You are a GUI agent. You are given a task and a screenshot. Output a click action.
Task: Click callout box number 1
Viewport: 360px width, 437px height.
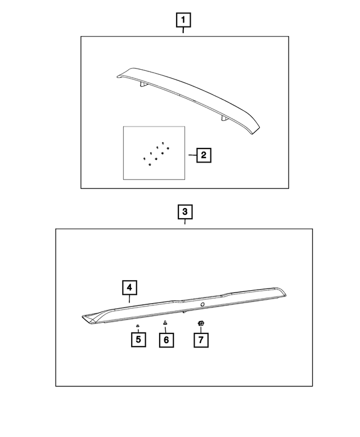coord(183,20)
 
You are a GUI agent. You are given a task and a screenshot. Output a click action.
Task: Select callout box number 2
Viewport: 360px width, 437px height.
coord(204,155)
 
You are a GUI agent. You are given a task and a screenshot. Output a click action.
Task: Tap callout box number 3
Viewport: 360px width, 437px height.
coord(185,212)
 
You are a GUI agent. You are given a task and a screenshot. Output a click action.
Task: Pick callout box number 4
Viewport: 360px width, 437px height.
coord(129,287)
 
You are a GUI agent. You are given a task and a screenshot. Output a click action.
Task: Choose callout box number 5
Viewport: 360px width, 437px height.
coord(138,340)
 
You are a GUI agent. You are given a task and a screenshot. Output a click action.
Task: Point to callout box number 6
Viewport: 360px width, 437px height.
coord(166,340)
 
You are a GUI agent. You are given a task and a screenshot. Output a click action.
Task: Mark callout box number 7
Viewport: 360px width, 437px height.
coord(201,340)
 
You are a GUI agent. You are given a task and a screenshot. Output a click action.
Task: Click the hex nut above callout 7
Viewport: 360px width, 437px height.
coord(201,323)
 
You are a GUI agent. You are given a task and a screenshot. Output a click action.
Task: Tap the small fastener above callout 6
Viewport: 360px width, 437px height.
coord(165,323)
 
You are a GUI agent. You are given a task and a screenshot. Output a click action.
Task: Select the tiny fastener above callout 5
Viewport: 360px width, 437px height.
coord(137,326)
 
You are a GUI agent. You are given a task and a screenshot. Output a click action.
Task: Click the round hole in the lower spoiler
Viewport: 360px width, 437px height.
coord(202,304)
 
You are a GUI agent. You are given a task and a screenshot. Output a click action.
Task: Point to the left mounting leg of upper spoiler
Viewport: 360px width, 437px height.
coord(143,85)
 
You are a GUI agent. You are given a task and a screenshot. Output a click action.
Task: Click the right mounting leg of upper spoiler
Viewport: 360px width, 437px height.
coord(224,119)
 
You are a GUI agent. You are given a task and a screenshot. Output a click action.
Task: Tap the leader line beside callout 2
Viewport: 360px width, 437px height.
coord(192,155)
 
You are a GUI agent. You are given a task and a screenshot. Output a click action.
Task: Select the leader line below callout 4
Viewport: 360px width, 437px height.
coord(129,299)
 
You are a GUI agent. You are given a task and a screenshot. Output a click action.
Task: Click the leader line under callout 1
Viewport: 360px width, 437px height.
coord(183,30)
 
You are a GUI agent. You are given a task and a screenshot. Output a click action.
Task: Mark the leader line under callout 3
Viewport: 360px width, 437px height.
coord(184,222)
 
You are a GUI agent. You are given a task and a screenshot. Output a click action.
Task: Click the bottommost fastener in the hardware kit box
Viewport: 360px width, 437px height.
coord(150,165)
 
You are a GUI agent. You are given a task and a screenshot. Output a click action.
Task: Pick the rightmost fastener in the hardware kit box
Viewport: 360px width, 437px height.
coord(168,148)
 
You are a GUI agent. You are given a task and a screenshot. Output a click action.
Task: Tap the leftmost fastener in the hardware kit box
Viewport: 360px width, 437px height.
coord(145,159)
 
